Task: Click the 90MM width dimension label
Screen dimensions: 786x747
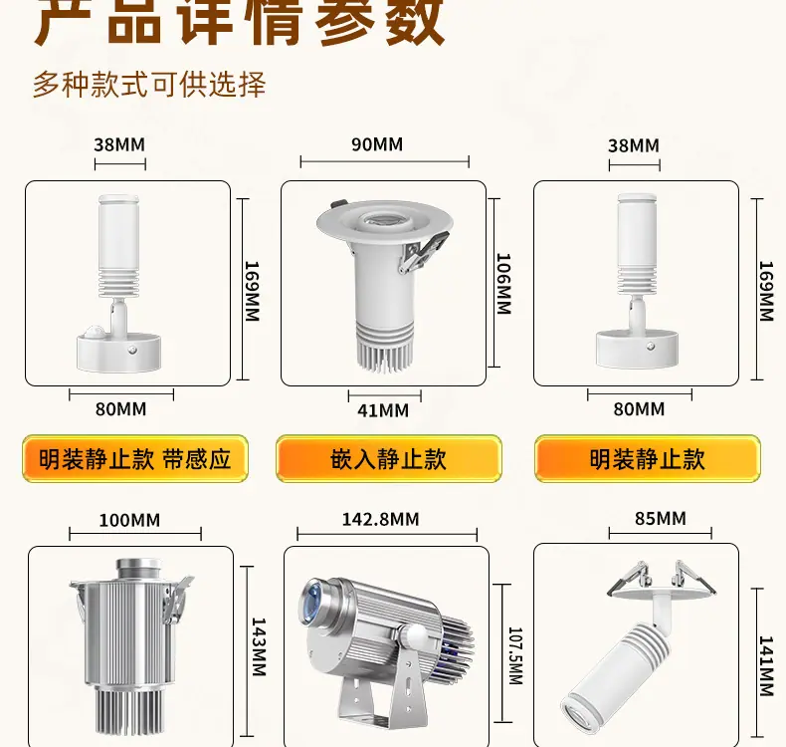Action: [x=377, y=144]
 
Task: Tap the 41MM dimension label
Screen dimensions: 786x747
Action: [x=383, y=411]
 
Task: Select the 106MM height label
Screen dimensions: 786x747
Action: [x=503, y=284]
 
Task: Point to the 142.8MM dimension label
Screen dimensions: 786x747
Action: [x=380, y=519]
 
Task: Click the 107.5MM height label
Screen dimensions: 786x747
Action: [x=515, y=655]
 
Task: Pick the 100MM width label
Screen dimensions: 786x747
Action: [x=129, y=520]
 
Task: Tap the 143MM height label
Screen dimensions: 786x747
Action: [x=258, y=647]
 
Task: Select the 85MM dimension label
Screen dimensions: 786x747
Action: [x=661, y=518]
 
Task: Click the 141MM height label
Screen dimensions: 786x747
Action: [x=766, y=666]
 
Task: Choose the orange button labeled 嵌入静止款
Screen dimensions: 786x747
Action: [x=388, y=458]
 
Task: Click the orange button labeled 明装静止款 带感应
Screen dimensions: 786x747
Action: [x=135, y=458]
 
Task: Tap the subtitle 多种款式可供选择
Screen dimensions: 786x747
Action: [x=149, y=85]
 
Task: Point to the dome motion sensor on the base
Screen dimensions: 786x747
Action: [x=92, y=332]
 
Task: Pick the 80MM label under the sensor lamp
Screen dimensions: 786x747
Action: [x=120, y=409]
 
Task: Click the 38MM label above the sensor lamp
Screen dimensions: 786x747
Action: [x=119, y=145]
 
